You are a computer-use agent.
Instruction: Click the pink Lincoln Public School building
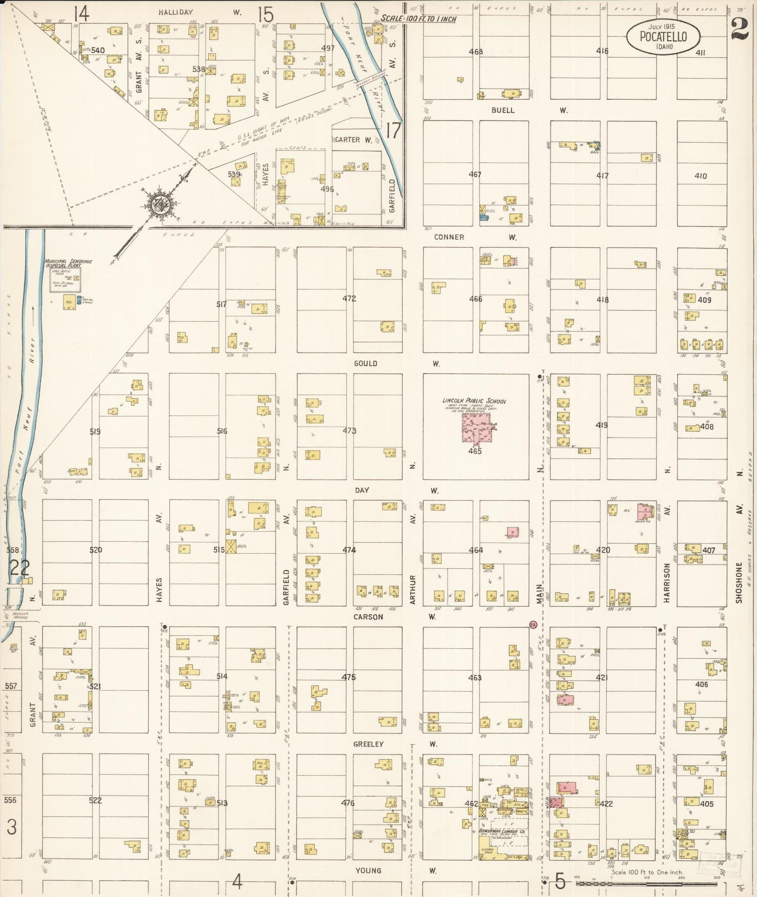477,429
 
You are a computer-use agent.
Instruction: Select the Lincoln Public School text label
475,401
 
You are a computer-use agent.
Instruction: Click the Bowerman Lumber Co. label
498,832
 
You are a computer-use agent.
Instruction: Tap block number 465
475,451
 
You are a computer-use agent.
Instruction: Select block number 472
349,299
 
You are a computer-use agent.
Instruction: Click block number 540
98,50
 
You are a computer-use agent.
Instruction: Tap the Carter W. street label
354,140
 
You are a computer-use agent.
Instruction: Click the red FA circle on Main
533,625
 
